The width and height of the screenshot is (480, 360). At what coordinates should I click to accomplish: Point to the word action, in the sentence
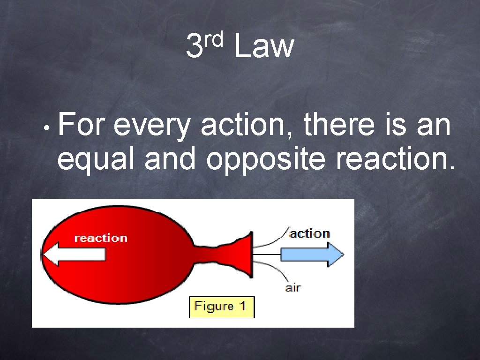[248, 127]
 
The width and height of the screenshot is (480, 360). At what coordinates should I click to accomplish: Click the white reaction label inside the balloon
[101, 238]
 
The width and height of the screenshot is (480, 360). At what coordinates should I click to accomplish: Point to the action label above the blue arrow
[309, 233]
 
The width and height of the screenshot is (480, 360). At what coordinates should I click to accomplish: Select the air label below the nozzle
[293, 288]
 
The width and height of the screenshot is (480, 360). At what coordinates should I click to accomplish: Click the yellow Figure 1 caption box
[221, 307]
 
